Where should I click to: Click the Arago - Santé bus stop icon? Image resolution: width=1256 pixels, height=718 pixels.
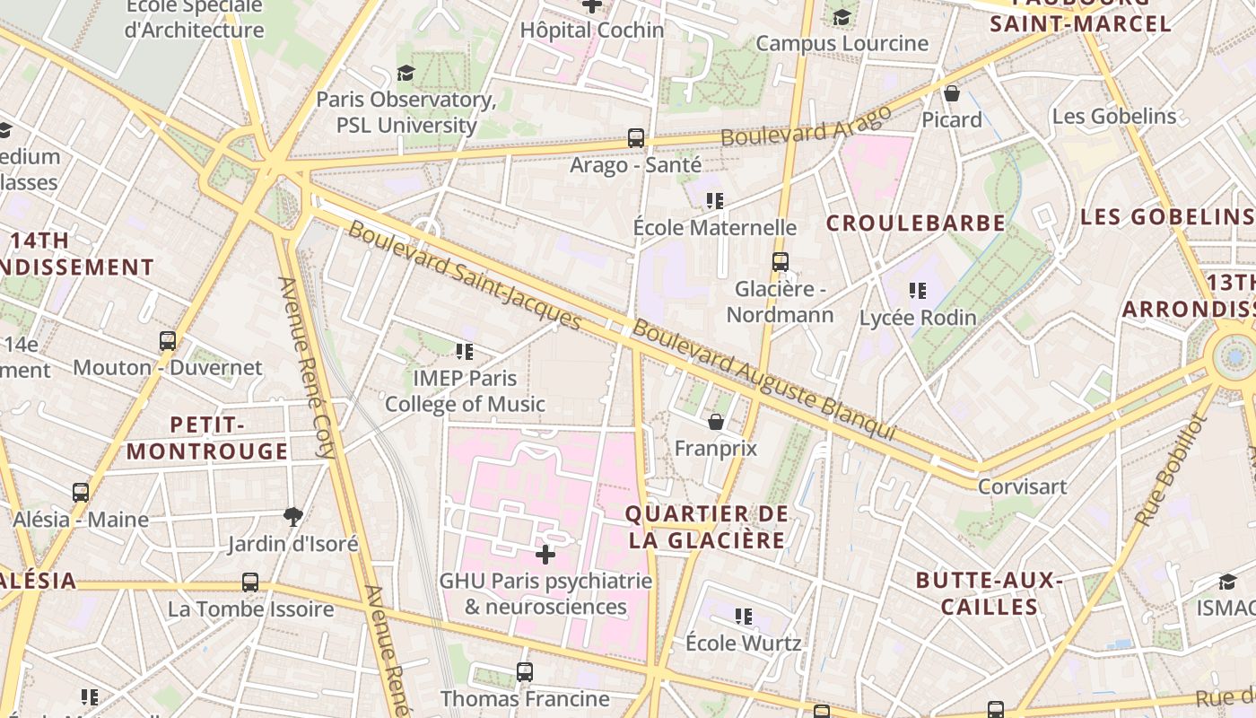coord(636,138)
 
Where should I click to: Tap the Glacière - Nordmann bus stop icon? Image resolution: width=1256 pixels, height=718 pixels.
coord(781,262)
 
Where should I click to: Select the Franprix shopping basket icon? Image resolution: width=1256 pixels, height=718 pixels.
coord(716,421)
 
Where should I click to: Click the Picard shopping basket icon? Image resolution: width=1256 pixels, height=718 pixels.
coord(952,92)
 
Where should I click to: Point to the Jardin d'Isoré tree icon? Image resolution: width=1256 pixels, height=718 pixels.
coord(292,516)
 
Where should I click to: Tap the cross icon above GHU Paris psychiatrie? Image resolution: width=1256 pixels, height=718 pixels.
coord(545,554)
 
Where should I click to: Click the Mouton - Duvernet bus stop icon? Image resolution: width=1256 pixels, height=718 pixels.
coord(168,341)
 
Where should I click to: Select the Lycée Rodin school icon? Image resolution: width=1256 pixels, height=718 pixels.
coord(917,290)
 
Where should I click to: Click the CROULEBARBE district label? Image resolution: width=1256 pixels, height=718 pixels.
coord(915,223)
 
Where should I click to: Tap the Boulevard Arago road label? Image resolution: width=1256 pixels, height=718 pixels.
coord(807,126)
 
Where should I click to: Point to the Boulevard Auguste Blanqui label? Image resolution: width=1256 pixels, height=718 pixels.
coord(763,380)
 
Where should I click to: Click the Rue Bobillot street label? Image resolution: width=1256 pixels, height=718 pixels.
coord(1172,471)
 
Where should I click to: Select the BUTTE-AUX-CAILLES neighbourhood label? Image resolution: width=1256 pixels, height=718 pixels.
coord(990,593)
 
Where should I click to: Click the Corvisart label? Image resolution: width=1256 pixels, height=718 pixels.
coord(1022,486)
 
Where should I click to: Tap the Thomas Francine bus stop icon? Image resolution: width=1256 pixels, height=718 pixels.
coord(525,671)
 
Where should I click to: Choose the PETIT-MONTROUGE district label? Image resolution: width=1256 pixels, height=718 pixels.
coord(207,437)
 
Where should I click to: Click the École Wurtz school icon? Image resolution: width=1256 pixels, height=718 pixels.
coord(743,616)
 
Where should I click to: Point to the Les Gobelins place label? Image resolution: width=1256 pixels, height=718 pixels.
coord(1113,116)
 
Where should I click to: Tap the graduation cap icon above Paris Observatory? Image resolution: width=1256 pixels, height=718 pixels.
coord(406,73)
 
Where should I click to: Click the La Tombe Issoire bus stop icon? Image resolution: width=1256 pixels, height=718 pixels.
coord(250,582)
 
